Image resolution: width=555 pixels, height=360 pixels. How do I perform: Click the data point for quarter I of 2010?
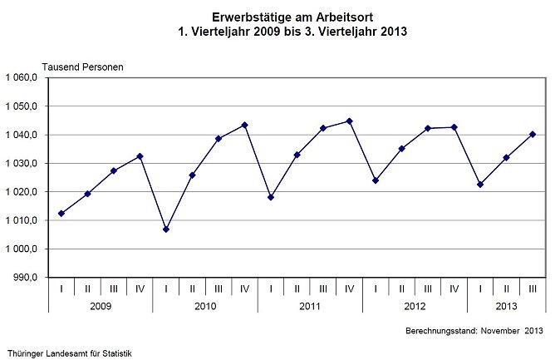[166, 229]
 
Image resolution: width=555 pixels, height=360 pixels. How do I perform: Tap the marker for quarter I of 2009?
[61, 214]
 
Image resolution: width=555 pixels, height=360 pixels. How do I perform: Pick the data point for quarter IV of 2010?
[244, 125]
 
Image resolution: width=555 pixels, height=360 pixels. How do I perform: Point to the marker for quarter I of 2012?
[376, 180]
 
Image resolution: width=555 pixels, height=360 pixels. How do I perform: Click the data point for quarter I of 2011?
[271, 197]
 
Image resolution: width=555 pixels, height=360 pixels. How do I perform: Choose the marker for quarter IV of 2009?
[140, 156]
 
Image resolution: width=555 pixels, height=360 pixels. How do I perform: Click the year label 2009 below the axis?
[100, 307]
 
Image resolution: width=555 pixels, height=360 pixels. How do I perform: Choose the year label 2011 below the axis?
[309, 307]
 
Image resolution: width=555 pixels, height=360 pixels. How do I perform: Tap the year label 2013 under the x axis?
[506, 307]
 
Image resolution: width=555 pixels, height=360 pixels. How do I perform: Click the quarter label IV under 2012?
[454, 288]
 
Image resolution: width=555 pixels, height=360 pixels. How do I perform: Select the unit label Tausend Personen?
[83, 67]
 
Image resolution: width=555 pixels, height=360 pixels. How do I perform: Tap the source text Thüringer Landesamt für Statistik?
[70, 353]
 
